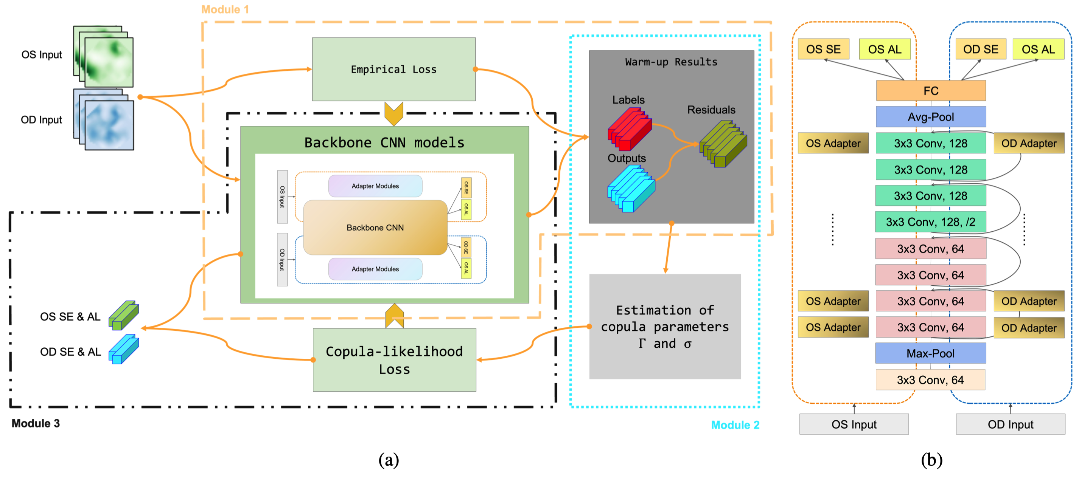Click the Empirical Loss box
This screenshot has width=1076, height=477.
393,69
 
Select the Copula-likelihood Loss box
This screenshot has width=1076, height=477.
394,360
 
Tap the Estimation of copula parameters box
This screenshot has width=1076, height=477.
665,326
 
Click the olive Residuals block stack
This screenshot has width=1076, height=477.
723,144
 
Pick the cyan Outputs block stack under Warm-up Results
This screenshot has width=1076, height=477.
631,189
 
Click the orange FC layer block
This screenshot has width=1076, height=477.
931,91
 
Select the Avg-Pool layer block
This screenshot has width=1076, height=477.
931,117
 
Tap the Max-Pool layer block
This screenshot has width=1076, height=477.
930,353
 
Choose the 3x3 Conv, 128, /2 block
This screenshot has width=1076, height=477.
930,222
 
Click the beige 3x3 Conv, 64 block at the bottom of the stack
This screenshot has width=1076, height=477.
930,380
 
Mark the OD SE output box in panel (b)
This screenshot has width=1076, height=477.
980,49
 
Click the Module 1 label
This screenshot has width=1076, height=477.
225,9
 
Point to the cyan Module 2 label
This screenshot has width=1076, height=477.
735,425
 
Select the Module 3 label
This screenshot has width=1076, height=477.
36,423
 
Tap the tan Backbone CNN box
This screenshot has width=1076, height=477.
375,228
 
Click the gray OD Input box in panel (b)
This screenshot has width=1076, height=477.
1010,424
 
